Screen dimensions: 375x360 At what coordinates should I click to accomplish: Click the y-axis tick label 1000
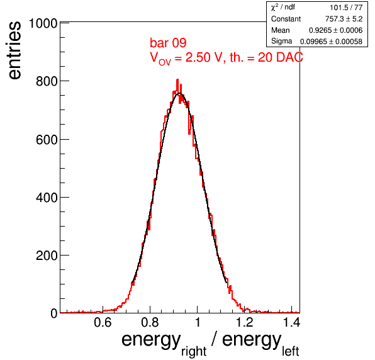(x=43, y=23)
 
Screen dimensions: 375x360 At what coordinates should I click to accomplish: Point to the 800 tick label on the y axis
(x=47, y=81)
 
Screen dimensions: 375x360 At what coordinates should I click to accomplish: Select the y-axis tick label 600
(x=47, y=140)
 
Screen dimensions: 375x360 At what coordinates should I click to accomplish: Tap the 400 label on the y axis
(x=47, y=198)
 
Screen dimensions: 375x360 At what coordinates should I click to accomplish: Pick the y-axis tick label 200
(x=47, y=256)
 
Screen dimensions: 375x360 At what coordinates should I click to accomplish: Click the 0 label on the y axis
(x=54, y=313)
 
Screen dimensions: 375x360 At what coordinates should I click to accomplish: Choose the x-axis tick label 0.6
(x=103, y=322)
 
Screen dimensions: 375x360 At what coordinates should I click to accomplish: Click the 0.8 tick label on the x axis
(x=150, y=322)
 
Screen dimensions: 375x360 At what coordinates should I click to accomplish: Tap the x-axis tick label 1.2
(x=244, y=322)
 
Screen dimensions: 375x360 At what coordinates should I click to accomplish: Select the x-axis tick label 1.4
(x=291, y=322)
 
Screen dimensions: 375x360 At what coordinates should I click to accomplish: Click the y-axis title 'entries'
(x=15, y=50)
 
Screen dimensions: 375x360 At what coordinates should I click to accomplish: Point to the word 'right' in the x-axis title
(x=194, y=352)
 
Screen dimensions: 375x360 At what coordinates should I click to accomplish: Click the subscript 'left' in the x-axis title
(x=290, y=351)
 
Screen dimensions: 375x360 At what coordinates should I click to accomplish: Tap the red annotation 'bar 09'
(x=168, y=43)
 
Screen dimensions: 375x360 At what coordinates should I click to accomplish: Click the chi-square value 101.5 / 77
(x=346, y=8)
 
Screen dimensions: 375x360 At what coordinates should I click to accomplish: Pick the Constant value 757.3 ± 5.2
(x=344, y=19)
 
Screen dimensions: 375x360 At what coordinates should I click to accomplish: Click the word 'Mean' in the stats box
(x=280, y=30)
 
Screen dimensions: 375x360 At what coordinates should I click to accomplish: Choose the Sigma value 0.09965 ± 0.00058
(x=331, y=42)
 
